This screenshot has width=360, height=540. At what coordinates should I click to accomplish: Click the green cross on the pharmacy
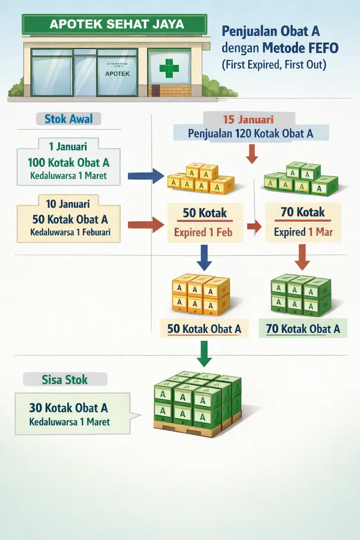(x=169, y=68)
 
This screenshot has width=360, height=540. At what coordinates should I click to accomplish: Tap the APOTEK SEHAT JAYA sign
(x=117, y=24)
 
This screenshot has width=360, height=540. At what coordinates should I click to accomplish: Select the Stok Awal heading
(x=69, y=119)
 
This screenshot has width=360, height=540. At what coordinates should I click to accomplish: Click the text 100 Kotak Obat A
(x=69, y=163)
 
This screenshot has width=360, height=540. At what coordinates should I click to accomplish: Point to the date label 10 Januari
(x=68, y=204)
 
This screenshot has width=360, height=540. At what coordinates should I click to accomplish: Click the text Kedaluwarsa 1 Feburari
(x=70, y=232)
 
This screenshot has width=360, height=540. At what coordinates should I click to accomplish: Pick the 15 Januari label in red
(x=248, y=120)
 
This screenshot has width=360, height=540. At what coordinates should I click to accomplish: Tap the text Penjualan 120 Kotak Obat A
(x=250, y=134)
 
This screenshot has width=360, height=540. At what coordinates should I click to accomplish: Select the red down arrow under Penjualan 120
(x=252, y=154)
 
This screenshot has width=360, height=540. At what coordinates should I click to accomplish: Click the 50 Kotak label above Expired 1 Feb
(x=205, y=213)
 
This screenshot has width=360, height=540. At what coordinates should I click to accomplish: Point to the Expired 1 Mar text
(x=303, y=232)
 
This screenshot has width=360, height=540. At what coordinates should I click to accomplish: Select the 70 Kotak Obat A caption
(x=303, y=329)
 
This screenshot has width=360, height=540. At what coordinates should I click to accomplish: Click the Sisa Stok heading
(x=65, y=380)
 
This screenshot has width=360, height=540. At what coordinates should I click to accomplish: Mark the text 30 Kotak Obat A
(x=69, y=408)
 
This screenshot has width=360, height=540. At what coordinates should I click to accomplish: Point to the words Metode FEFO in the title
(x=300, y=48)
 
